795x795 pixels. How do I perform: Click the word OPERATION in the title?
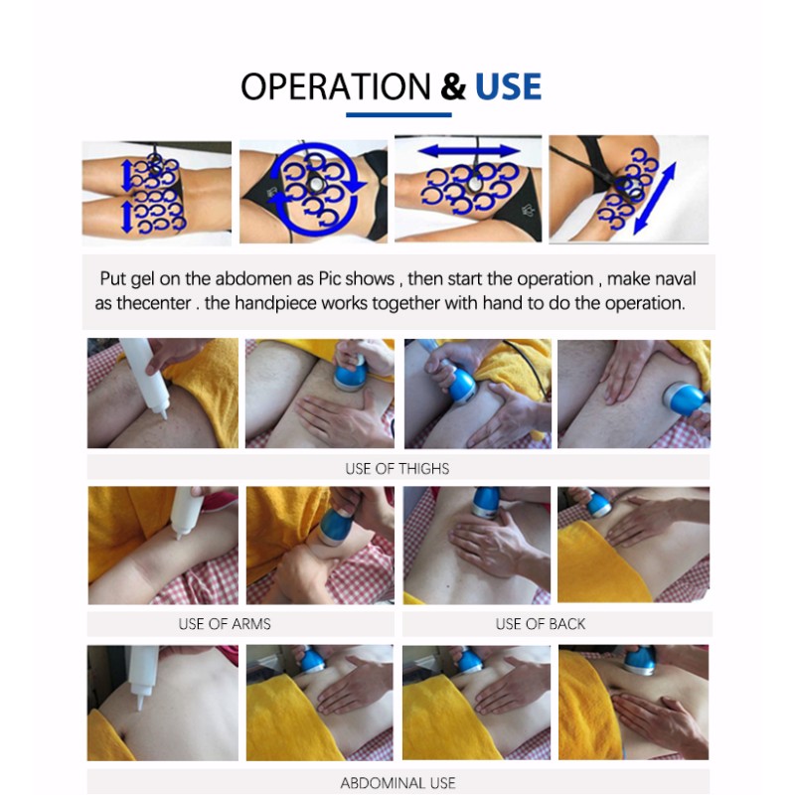pyautogui.click(x=336, y=86)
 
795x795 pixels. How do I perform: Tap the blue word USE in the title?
pyautogui.click(x=508, y=86)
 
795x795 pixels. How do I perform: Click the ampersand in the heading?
pyautogui.click(x=453, y=86)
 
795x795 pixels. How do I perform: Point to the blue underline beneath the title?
pyautogui.click(x=398, y=115)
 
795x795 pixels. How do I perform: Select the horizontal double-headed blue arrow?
pyautogui.click(x=469, y=151)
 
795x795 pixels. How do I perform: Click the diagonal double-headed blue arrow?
pyautogui.click(x=655, y=198)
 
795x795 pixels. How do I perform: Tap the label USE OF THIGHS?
pyautogui.click(x=397, y=468)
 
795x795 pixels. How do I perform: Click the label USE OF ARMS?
pyautogui.click(x=225, y=624)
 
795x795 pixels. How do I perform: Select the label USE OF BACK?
pyautogui.click(x=540, y=624)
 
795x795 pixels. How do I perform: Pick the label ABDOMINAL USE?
pyautogui.click(x=397, y=783)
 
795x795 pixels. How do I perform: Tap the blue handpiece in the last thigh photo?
pyautogui.click(x=686, y=400)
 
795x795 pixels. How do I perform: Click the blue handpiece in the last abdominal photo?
pyautogui.click(x=640, y=660)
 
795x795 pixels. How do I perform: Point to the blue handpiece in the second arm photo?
pyautogui.click(x=335, y=528)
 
